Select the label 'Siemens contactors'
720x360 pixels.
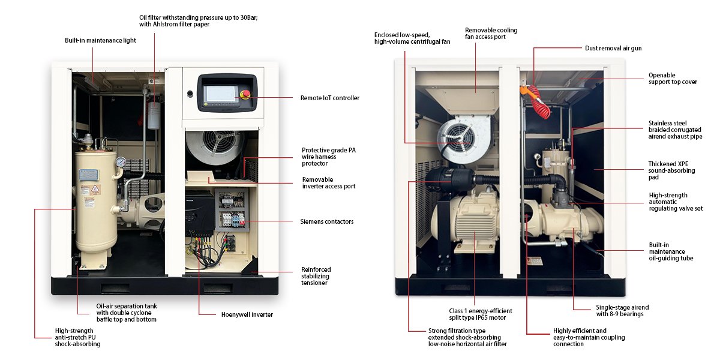click(326, 221)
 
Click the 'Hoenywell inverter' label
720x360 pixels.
click(247, 314)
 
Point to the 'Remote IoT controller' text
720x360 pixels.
click(329, 98)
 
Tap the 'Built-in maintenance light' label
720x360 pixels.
click(100, 40)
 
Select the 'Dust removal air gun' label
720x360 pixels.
click(613, 47)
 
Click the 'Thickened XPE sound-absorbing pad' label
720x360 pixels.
click(671, 170)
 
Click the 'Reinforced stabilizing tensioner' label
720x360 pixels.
click(316, 276)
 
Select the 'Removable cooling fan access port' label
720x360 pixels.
click(491, 34)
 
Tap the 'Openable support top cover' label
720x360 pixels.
click(673, 79)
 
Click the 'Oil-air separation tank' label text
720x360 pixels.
click(127, 313)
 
